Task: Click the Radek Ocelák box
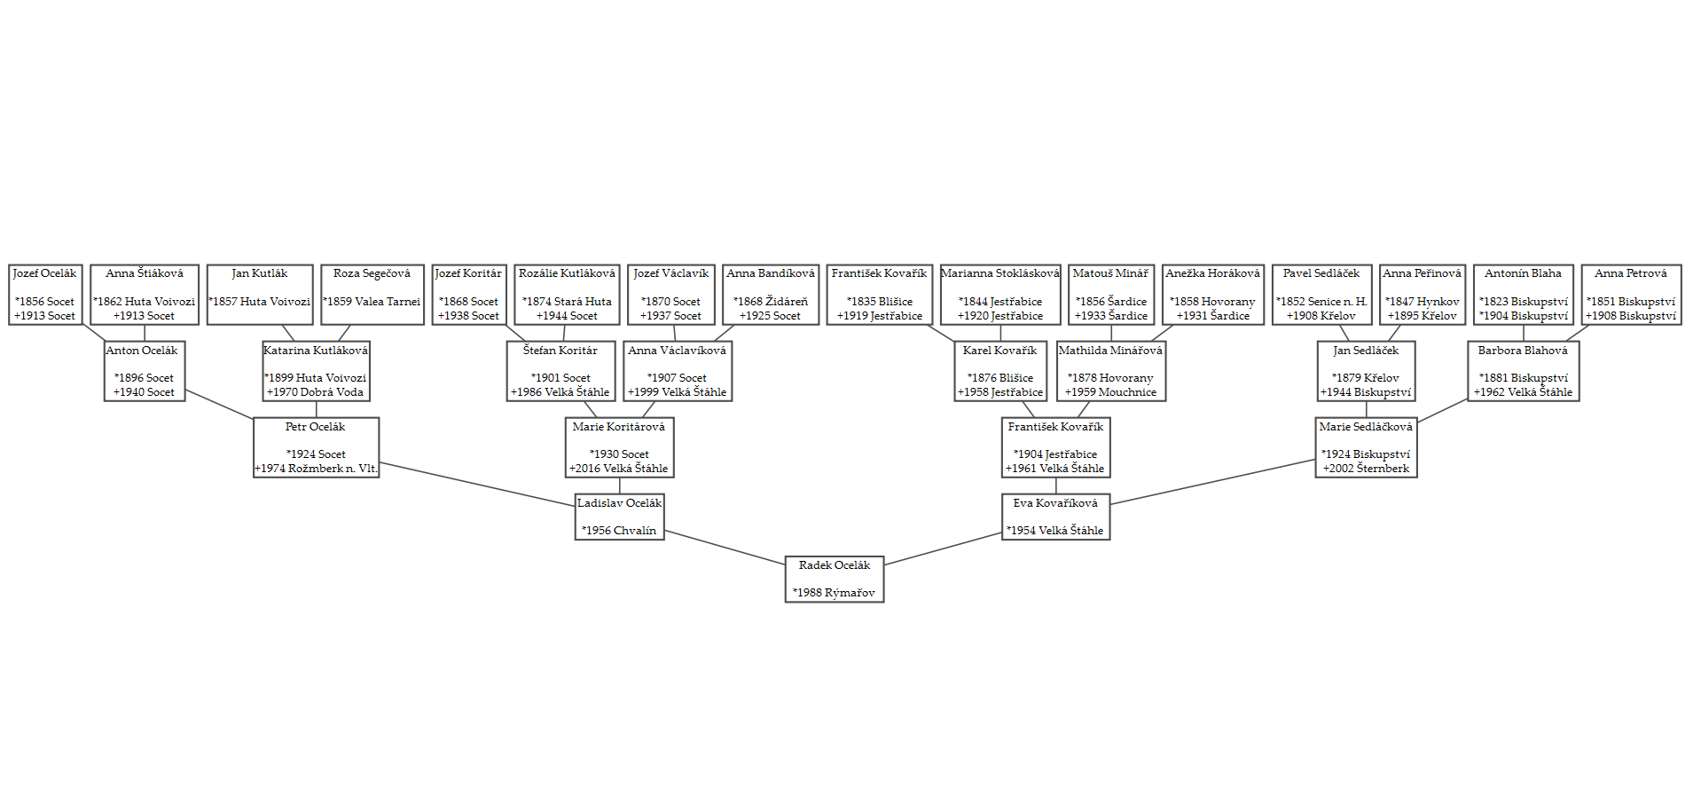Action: point(834,579)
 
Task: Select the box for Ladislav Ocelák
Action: point(619,517)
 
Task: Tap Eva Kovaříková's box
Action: point(1055,517)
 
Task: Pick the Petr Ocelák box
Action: point(316,447)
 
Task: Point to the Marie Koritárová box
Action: point(618,447)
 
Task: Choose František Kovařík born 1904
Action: point(1055,447)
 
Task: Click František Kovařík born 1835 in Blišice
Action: point(879,294)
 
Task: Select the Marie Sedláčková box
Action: point(1366,447)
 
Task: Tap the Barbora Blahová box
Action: point(1523,371)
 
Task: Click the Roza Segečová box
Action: point(372,294)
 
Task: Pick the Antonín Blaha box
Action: point(1523,294)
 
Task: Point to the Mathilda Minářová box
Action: point(1110,371)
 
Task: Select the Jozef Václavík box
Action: point(670,294)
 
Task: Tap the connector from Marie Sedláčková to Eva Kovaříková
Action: point(1212,482)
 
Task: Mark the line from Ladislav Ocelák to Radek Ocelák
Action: point(725,547)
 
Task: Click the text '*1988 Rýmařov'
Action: point(834,593)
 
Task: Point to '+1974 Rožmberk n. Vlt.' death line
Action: point(316,469)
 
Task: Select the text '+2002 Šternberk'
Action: point(1366,469)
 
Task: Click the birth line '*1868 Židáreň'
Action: point(770,302)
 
